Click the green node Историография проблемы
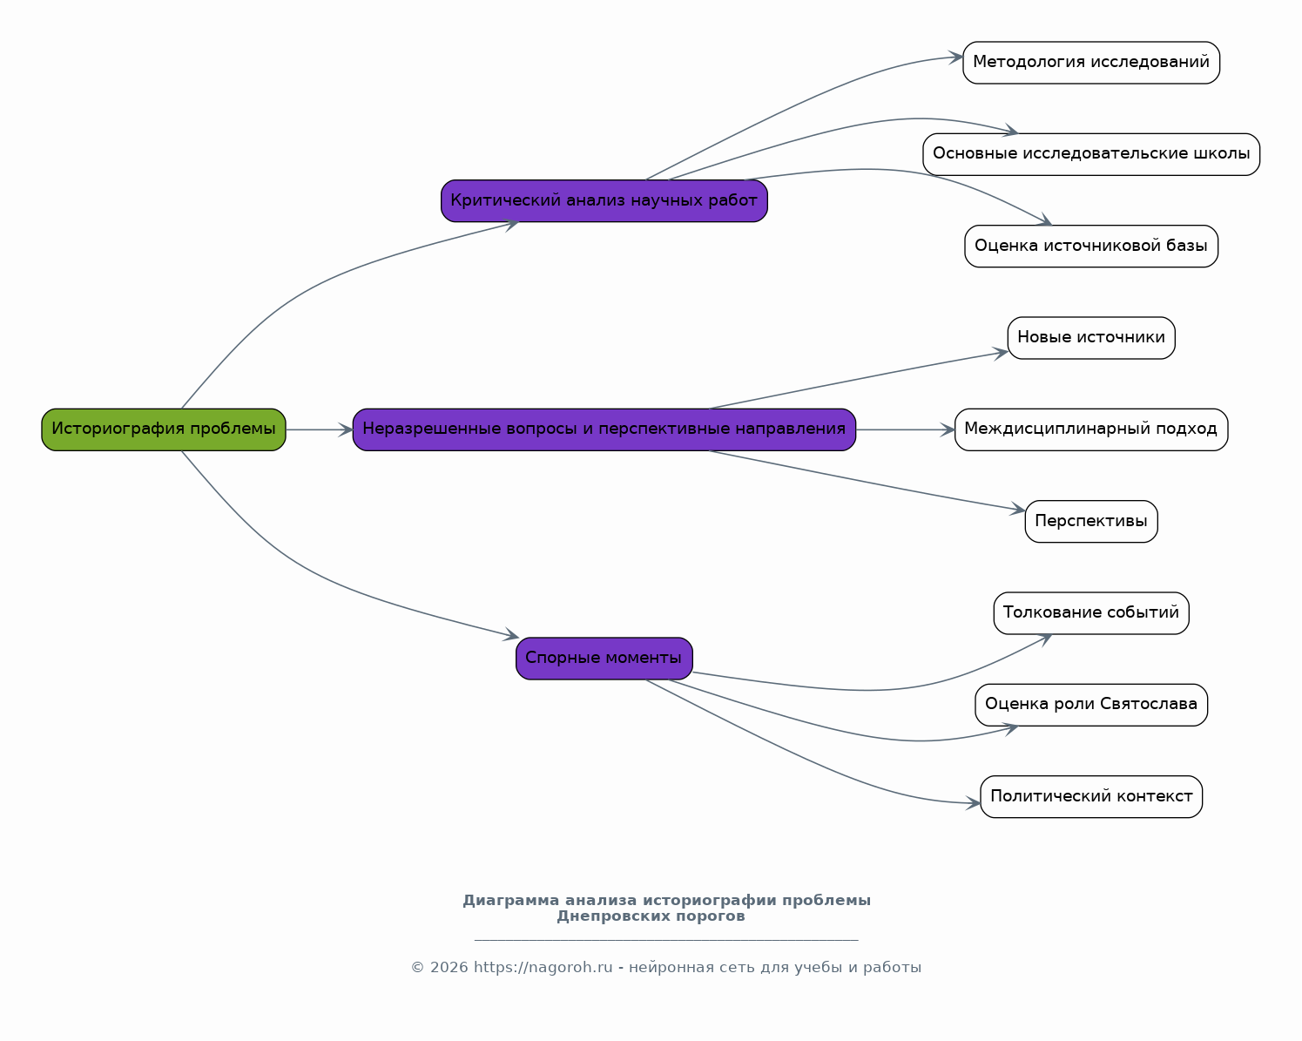164,429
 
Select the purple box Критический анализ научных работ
604,201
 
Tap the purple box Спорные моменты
604,659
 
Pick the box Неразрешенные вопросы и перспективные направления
604,429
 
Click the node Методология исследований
1091,63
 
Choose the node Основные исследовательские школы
1091,154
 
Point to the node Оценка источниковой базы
1091,247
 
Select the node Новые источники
1091,338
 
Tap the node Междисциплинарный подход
1091,429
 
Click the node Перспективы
1091,522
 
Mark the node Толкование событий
1091,613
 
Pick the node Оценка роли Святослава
1091,705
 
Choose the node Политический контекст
1091,797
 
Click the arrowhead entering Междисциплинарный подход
948,429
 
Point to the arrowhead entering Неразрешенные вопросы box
346,429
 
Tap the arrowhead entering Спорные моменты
512,635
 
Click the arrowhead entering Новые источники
1001,354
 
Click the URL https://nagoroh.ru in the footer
543,967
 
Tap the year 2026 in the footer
449,967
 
